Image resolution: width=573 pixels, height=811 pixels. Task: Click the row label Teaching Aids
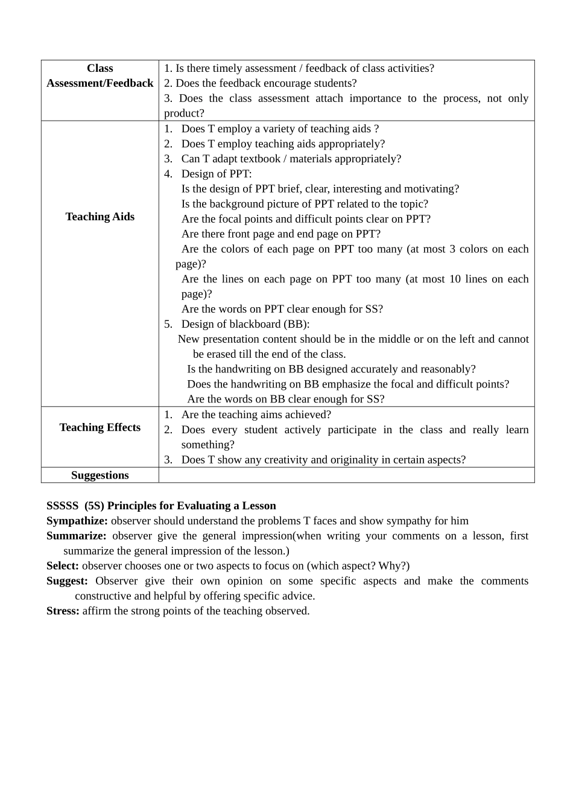point(100,217)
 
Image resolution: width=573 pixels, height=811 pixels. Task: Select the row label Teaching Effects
point(100,427)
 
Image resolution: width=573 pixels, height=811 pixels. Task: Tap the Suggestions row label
point(100,475)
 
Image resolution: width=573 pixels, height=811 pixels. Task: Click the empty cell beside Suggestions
point(346,475)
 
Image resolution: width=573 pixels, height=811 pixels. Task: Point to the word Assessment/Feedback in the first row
point(100,83)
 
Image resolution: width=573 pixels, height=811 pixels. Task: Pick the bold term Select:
point(63,566)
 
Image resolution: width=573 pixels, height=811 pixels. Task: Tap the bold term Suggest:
point(67,581)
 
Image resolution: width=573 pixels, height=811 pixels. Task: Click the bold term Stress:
point(63,611)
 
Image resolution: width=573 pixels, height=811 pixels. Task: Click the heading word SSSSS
point(62,506)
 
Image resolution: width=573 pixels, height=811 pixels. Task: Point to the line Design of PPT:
point(217,174)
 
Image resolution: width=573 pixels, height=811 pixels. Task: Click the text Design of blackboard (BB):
point(245,324)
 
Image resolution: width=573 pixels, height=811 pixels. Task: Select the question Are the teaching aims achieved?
point(256,415)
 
